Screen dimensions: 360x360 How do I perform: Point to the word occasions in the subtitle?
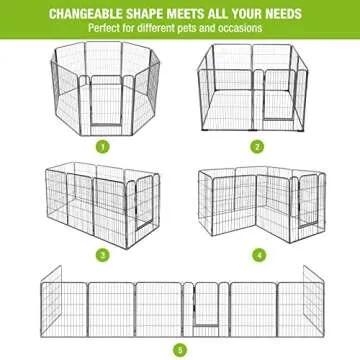click(240, 28)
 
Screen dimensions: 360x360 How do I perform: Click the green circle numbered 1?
click(103, 146)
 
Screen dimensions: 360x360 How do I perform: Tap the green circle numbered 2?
click(257, 146)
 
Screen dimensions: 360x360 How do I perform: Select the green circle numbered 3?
click(103, 255)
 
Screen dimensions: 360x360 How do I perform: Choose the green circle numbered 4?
click(259, 255)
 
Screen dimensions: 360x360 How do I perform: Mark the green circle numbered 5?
click(180, 350)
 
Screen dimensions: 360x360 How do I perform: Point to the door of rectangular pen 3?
click(144, 203)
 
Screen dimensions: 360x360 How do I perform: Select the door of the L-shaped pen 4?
click(308, 201)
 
